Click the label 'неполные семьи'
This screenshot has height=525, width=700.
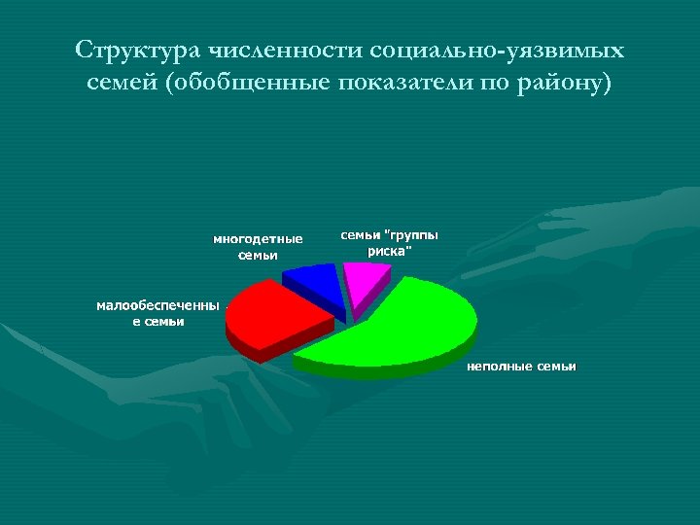(521, 367)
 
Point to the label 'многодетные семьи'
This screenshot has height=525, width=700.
(258, 247)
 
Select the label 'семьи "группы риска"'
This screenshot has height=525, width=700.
(389, 243)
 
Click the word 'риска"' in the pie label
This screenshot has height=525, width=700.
(389, 251)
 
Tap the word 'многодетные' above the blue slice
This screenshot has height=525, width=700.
(258, 239)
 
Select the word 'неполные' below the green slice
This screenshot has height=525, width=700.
(500, 367)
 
